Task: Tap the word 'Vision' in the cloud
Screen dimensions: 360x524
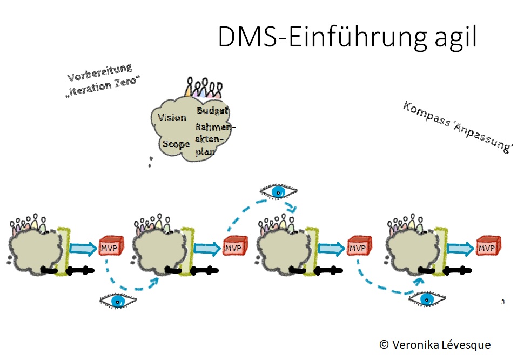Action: click(x=172, y=118)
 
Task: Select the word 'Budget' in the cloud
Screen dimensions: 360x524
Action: click(x=212, y=110)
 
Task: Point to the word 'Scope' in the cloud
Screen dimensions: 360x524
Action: click(x=176, y=144)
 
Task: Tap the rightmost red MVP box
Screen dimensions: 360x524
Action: click(x=487, y=248)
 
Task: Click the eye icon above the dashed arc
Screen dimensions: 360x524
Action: click(x=278, y=191)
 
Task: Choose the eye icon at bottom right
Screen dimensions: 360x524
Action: click(x=427, y=299)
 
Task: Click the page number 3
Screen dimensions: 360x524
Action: click(x=503, y=302)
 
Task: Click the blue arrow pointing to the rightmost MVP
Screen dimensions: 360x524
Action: click(x=459, y=248)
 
